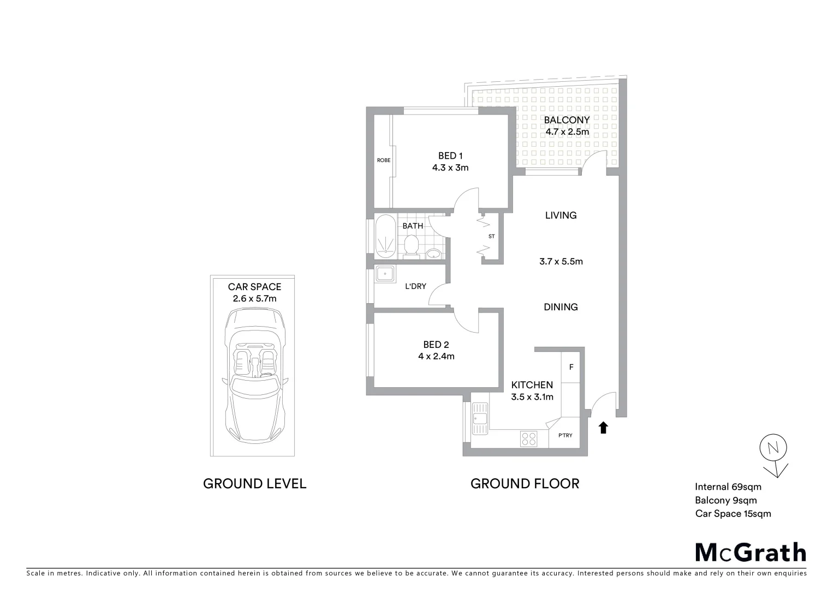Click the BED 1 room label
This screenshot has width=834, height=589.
pos(450,156)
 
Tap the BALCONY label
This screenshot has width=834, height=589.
pos(567,120)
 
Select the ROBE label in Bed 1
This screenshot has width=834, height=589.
pos(384,160)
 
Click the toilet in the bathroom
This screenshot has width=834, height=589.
pos(411,246)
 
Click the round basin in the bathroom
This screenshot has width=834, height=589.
pos(434,254)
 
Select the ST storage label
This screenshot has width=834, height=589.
pos(491,237)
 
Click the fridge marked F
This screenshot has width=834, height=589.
pos(571,367)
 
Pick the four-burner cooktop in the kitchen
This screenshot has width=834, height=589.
pos(528,438)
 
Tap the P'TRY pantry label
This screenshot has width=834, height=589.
pos(565,435)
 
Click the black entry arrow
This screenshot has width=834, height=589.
pos(603,428)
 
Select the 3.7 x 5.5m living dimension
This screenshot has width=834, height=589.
pos(561,261)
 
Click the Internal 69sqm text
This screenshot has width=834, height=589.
pos(728,487)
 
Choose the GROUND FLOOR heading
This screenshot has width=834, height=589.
pos(525,484)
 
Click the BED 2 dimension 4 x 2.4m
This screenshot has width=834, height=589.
pos(436,356)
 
